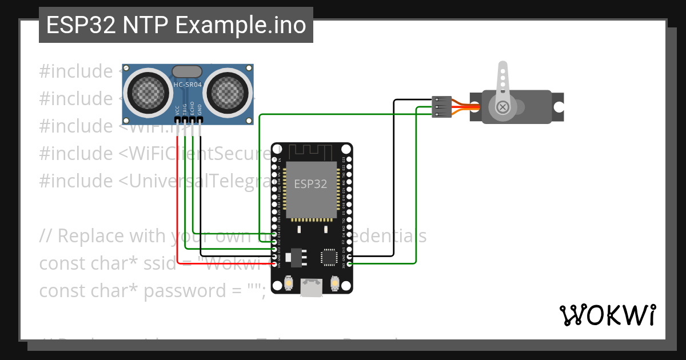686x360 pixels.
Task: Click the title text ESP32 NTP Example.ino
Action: pos(176,26)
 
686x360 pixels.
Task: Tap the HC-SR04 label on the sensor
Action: pos(187,85)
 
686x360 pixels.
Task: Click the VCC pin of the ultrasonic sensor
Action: pos(178,118)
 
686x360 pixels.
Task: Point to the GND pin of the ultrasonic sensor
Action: pos(200,118)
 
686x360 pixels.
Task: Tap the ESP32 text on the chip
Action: pos(310,184)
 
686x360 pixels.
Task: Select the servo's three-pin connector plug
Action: pos(442,107)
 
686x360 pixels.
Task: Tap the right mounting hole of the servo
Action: pos(558,106)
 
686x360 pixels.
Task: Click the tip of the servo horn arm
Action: pos(502,66)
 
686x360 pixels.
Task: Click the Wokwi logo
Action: pos(607,315)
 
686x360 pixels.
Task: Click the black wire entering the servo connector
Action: pos(412,101)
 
